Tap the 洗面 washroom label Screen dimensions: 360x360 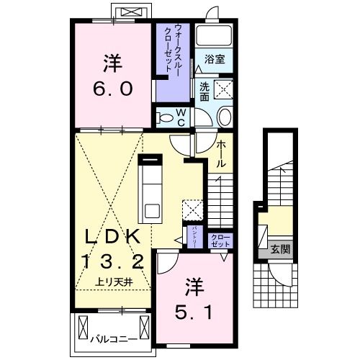[x=204, y=91]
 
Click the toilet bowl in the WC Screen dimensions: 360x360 [x=164, y=117]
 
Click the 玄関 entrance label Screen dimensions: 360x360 [x=279, y=250]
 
